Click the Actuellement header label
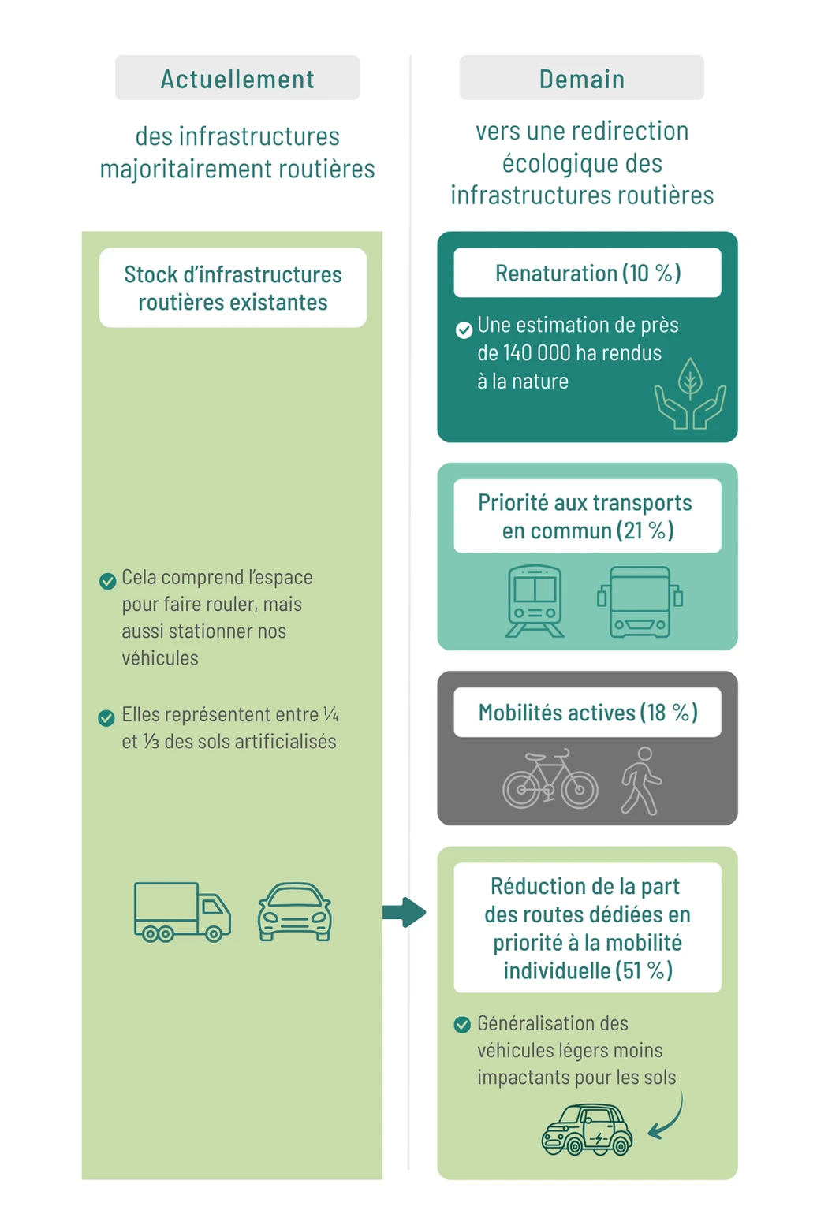click(237, 79)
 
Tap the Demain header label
click(581, 79)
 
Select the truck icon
click(182, 912)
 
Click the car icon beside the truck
click(294, 912)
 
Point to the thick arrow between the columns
click(405, 913)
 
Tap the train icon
click(535, 601)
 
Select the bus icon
click(640, 601)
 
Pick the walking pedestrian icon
click(641, 781)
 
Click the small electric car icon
click(587, 1130)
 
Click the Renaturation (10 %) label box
click(587, 273)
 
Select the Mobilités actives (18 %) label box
click(587, 713)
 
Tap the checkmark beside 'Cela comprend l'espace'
click(107, 581)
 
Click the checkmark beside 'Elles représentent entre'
click(106, 718)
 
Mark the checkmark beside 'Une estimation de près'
click(464, 330)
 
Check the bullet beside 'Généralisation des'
click(462, 1025)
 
